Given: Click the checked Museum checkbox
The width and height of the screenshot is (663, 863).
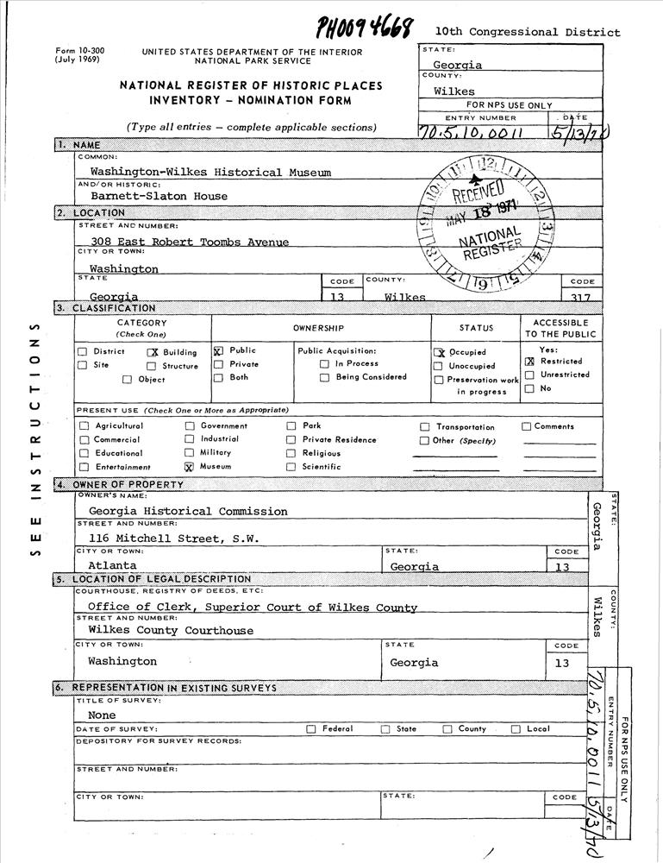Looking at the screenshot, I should [189, 467].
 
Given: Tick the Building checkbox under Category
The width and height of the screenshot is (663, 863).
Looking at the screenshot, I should [153, 352].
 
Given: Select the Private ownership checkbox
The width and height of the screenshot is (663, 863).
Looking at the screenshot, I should [218, 364].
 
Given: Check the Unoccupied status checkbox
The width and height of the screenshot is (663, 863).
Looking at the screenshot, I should [439, 366].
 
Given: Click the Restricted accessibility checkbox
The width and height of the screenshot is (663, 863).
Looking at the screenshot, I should [529, 362].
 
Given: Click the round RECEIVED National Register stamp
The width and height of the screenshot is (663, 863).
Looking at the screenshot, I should [487, 224].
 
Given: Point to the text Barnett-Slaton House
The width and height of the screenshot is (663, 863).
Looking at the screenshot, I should [159, 196].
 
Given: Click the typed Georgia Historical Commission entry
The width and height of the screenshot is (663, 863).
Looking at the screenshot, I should [187, 511].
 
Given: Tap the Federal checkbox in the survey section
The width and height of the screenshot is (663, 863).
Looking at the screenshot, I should [311, 729].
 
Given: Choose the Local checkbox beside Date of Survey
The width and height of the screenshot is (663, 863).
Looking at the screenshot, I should [516, 729].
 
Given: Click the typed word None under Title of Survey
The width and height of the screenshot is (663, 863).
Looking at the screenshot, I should [102, 715].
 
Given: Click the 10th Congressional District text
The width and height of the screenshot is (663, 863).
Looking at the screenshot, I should [527, 32].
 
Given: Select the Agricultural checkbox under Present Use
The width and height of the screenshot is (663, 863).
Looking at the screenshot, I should [84, 426].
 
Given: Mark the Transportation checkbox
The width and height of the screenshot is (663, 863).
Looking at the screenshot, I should [425, 427].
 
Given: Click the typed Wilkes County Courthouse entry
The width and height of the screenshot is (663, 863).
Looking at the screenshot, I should [171, 631].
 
